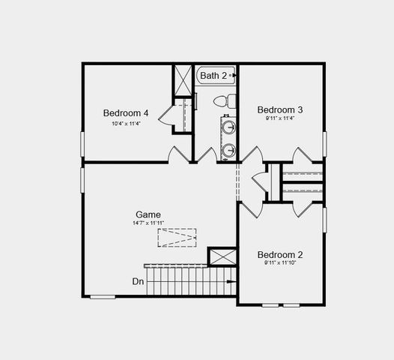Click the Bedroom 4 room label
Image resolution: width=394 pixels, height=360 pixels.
point(126,113)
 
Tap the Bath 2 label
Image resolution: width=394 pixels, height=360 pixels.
point(213,76)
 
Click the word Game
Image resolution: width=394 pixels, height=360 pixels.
point(148,214)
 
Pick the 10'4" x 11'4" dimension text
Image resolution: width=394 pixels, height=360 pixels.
point(126,124)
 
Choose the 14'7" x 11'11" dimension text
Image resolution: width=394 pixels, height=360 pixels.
point(148,223)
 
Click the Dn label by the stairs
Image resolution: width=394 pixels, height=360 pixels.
point(138,281)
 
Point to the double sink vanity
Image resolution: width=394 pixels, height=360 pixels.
point(228,137)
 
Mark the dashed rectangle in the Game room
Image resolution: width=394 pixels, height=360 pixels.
point(177,238)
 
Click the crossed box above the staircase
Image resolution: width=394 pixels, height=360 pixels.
point(222,256)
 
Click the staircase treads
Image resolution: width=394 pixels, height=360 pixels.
point(187,283)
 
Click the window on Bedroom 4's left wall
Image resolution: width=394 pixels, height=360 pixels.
point(82,143)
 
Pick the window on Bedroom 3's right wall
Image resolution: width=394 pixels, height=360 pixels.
point(324,143)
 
